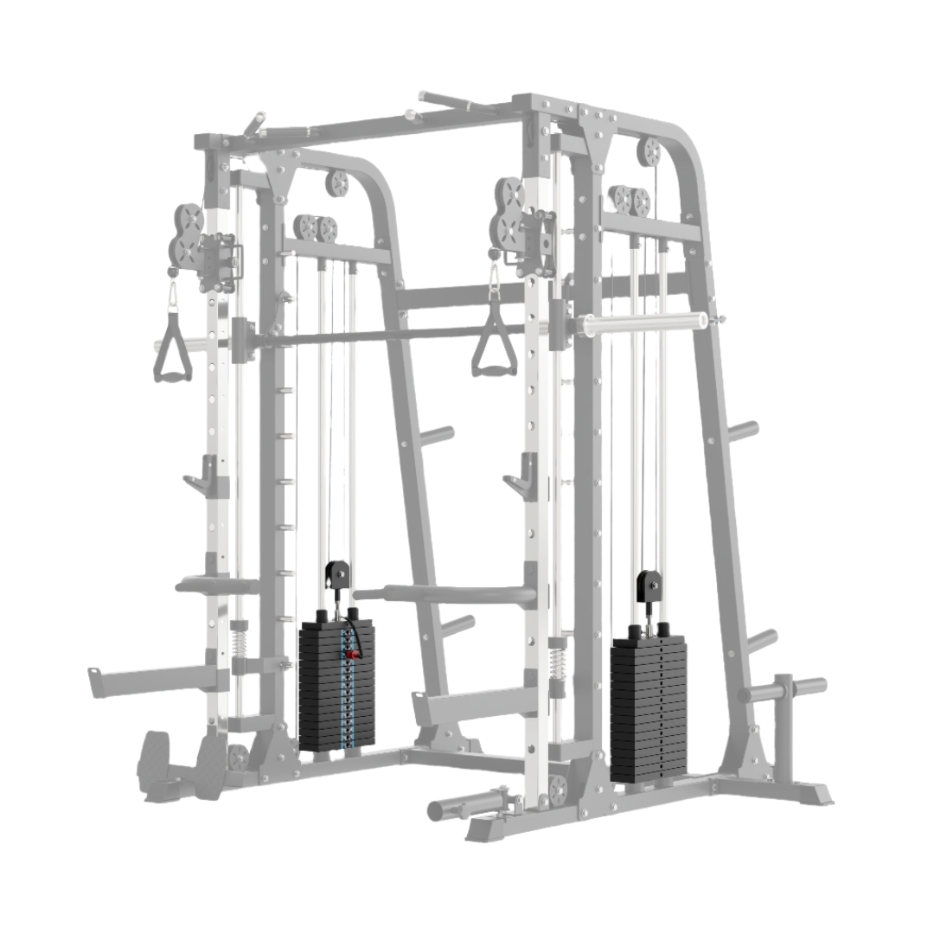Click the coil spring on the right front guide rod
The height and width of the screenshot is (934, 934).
558,665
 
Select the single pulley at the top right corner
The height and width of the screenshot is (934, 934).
649,151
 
